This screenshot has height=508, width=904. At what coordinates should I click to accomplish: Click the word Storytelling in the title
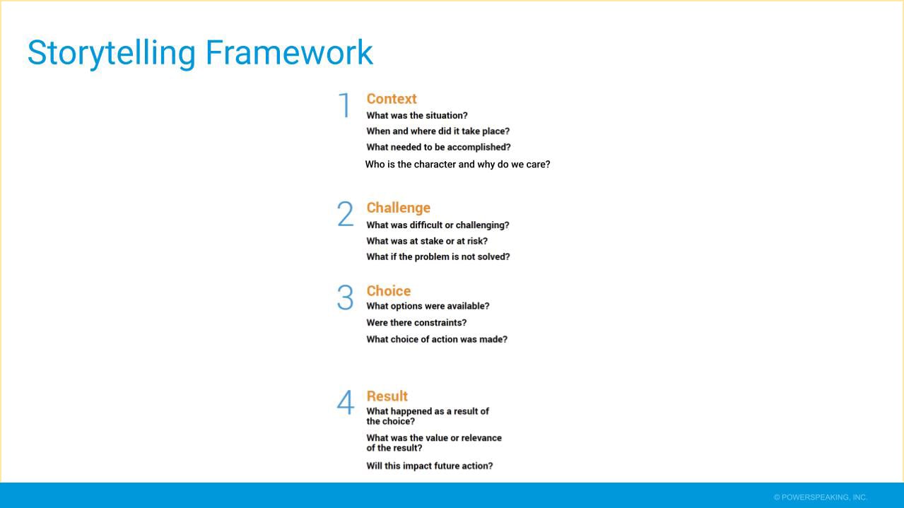click(x=112, y=53)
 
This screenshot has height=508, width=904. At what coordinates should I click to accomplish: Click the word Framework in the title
click(x=289, y=52)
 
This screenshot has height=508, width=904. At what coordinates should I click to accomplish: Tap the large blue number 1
click(x=345, y=105)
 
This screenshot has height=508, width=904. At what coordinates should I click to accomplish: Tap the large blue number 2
click(x=345, y=214)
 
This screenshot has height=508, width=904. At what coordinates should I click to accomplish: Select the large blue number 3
click(x=345, y=297)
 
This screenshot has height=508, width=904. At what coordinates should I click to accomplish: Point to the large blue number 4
click(x=346, y=402)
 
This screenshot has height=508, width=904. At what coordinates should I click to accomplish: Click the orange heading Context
click(x=392, y=99)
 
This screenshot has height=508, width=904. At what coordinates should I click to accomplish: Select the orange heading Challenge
click(x=399, y=208)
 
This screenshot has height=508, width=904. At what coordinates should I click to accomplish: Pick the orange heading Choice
click(x=389, y=291)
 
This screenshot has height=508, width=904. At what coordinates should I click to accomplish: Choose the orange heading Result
click(x=387, y=396)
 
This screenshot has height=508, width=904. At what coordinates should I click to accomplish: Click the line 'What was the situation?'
click(x=417, y=115)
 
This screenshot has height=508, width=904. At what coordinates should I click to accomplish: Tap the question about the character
click(x=457, y=164)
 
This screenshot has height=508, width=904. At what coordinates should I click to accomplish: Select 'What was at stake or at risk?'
click(x=427, y=241)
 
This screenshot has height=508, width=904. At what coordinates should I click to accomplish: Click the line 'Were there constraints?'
click(x=416, y=323)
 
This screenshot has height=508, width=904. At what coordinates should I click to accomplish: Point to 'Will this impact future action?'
click(x=430, y=466)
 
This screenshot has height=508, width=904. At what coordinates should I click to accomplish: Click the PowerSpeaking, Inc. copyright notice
click(x=820, y=497)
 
